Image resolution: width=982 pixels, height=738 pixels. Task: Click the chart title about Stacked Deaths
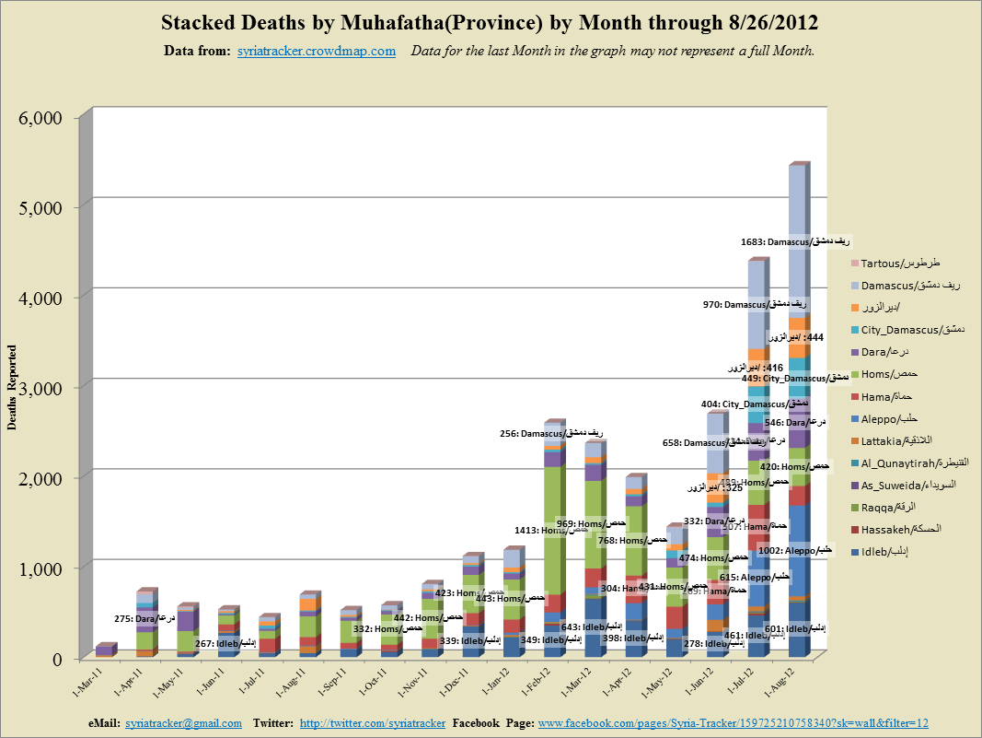pyautogui.click(x=491, y=22)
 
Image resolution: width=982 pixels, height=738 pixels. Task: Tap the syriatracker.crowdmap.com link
pyautogui.click(x=317, y=51)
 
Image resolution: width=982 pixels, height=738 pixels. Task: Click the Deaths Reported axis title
pyautogui.click(x=13, y=388)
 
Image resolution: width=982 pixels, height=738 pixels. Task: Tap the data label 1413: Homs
pyautogui.click(x=552, y=530)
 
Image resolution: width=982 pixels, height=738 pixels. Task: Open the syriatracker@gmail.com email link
pyautogui.click(x=183, y=723)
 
